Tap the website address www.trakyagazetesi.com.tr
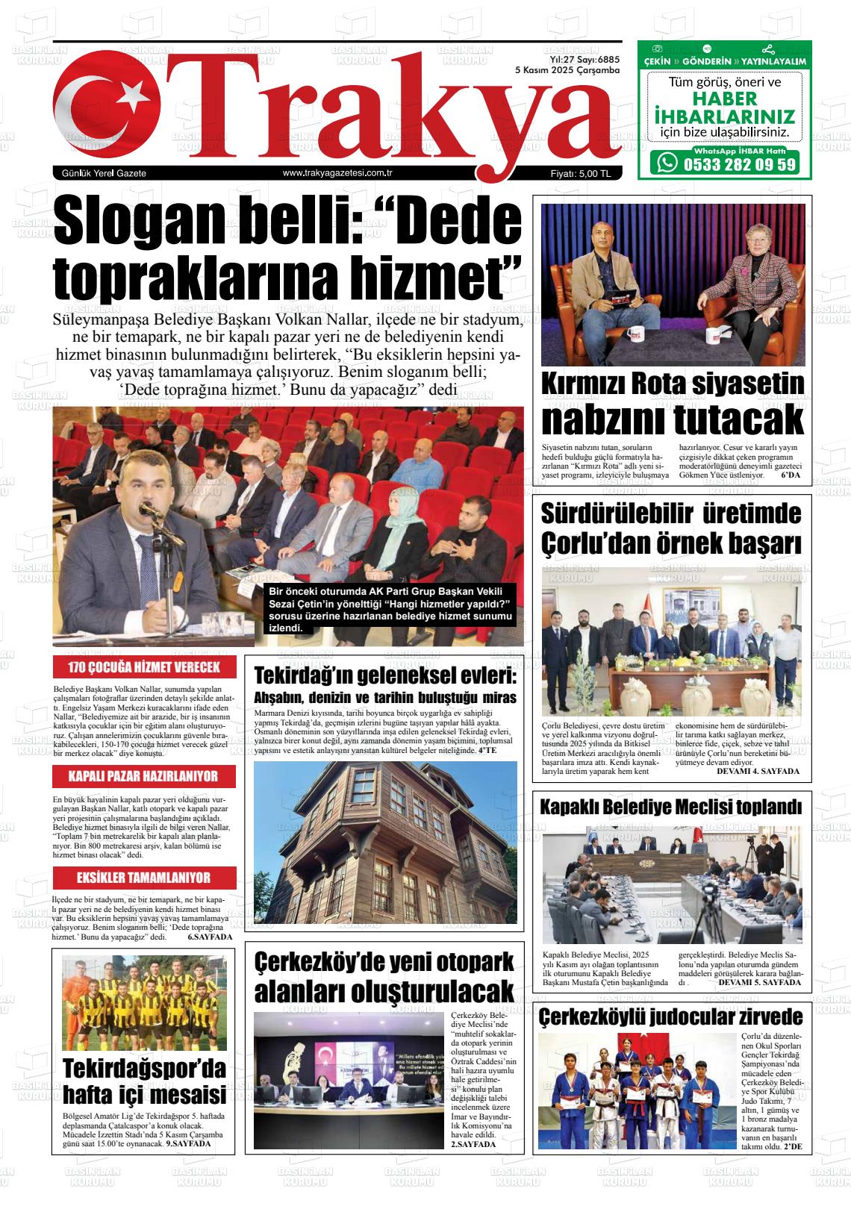[x=337, y=173]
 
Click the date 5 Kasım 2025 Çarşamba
[x=568, y=69]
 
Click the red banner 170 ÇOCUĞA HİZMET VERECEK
[x=144, y=667]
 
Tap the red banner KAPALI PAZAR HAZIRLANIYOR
[x=143, y=776]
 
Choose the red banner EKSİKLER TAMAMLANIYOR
[x=143, y=878]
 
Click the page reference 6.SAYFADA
[x=210, y=936]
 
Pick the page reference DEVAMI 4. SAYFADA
[x=758, y=771]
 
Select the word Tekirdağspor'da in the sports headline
[x=143, y=1068]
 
